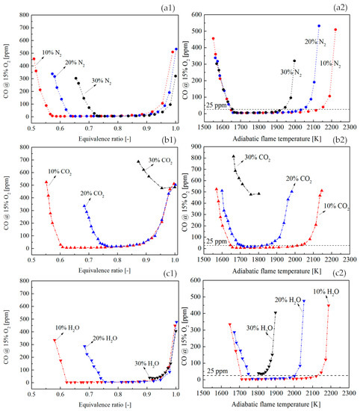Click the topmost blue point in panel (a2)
point(319,25)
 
